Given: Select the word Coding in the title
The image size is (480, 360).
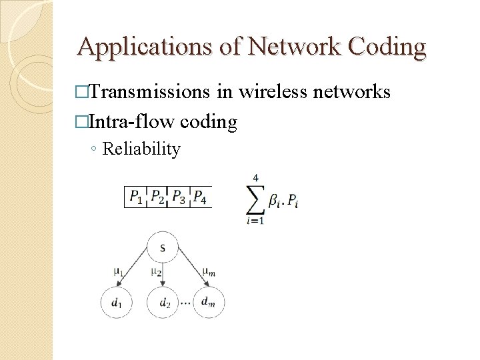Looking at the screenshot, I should point(387,47).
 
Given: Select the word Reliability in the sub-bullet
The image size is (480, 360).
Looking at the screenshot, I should point(141,149).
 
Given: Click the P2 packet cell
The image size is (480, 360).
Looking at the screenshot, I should point(157,197).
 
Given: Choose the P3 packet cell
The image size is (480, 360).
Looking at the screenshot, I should point(178,197).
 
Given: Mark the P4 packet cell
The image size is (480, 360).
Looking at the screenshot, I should point(199,197).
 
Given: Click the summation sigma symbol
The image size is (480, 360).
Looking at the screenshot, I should point(255,199).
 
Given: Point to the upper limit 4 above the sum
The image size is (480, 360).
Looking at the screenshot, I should point(255,178).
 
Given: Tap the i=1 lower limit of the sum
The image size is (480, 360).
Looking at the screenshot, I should point(255,221).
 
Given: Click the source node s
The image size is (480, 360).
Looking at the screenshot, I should point(163,248).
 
